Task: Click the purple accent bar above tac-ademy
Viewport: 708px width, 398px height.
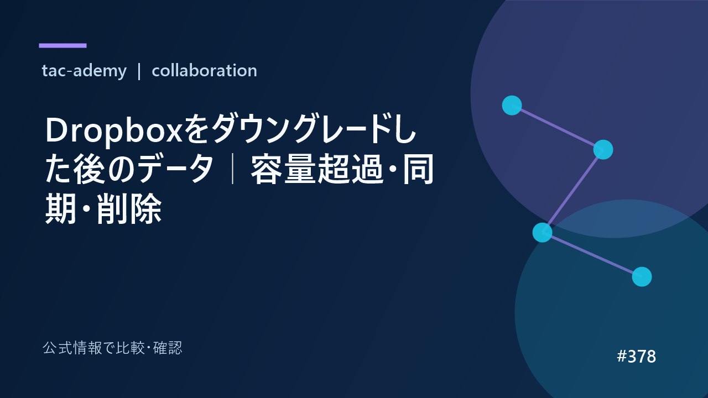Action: [63, 45]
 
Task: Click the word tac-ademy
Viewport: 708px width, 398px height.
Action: [84, 71]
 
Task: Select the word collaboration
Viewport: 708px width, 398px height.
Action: [204, 70]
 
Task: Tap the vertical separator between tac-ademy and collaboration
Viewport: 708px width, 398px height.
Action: [139, 71]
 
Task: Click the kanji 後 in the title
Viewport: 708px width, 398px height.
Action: [89, 169]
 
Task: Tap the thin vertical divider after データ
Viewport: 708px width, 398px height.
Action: [233, 169]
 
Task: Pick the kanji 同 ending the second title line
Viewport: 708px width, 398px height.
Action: [418, 169]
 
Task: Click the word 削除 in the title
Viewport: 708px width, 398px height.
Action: [129, 208]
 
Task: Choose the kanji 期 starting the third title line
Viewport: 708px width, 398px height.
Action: [61, 208]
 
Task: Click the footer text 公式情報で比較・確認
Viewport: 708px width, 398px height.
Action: [112, 348]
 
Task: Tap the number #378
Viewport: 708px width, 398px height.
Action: [636, 357]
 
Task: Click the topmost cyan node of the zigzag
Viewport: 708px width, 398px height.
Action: [512, 105]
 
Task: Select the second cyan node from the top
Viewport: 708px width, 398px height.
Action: [603, 149]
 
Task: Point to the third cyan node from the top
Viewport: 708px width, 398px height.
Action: [543, 233]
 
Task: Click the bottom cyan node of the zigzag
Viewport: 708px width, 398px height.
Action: [642, 277]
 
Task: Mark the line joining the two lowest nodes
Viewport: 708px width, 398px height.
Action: [592, 255]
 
